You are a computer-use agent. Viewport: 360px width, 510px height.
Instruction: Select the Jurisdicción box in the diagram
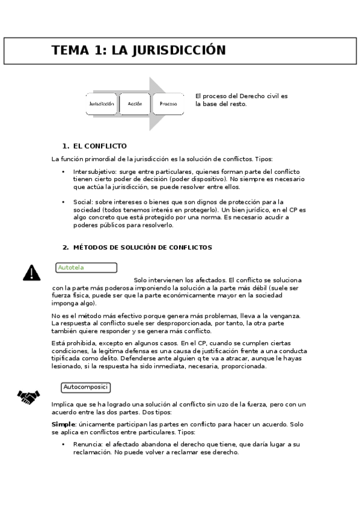[102, 103]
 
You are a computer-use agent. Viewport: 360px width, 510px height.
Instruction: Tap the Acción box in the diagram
[135, 103]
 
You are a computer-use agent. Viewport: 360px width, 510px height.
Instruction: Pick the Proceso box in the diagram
[168, 103]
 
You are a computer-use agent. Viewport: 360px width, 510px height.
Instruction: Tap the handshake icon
[28, 396]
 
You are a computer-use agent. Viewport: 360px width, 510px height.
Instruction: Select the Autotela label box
[86, 268]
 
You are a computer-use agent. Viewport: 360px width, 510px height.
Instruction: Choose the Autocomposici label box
[85, 387]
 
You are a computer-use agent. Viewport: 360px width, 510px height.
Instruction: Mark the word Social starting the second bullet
[82, 202]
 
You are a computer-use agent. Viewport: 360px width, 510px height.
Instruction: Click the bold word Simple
[64, 424]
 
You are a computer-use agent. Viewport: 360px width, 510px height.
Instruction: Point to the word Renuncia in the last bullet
[87, 444]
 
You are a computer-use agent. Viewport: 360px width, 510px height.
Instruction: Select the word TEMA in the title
[70, 51]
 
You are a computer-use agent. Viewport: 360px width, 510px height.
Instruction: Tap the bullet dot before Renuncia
[64, 444]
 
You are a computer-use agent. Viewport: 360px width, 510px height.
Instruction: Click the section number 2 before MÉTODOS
[65, 247]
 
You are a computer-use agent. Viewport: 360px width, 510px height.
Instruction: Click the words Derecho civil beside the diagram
[257, 96]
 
